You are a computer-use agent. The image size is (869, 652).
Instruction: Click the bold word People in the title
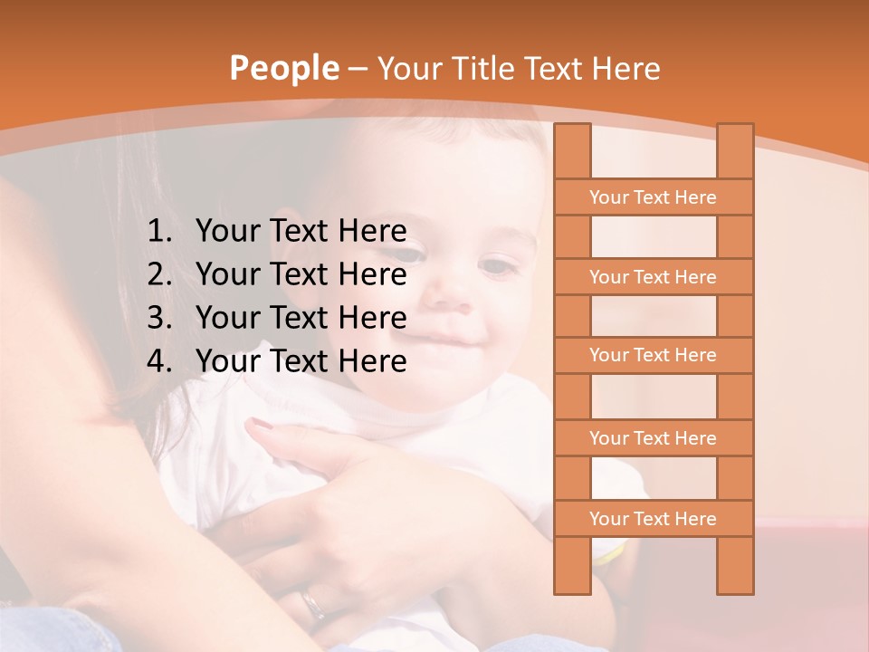(x=283, y=68)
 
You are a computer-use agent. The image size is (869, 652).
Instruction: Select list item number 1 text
(x=301, y=232)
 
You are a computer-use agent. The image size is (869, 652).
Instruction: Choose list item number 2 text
(x=301, y=274)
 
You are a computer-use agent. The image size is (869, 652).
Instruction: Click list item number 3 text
(x=301, y=318)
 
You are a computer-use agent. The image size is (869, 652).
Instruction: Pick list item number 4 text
(x=301, y=361)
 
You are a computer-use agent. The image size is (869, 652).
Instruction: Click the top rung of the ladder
(x=653, y=197)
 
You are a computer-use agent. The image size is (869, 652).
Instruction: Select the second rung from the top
(x=653, y=277)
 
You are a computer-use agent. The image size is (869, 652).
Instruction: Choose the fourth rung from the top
(x=653, y=438)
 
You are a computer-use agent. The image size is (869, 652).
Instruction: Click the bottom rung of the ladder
(x=653, y=519)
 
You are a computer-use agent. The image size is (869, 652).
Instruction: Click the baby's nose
(x=453, y=290)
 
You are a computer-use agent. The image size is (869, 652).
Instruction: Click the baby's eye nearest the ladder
(x=496, y=267)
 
